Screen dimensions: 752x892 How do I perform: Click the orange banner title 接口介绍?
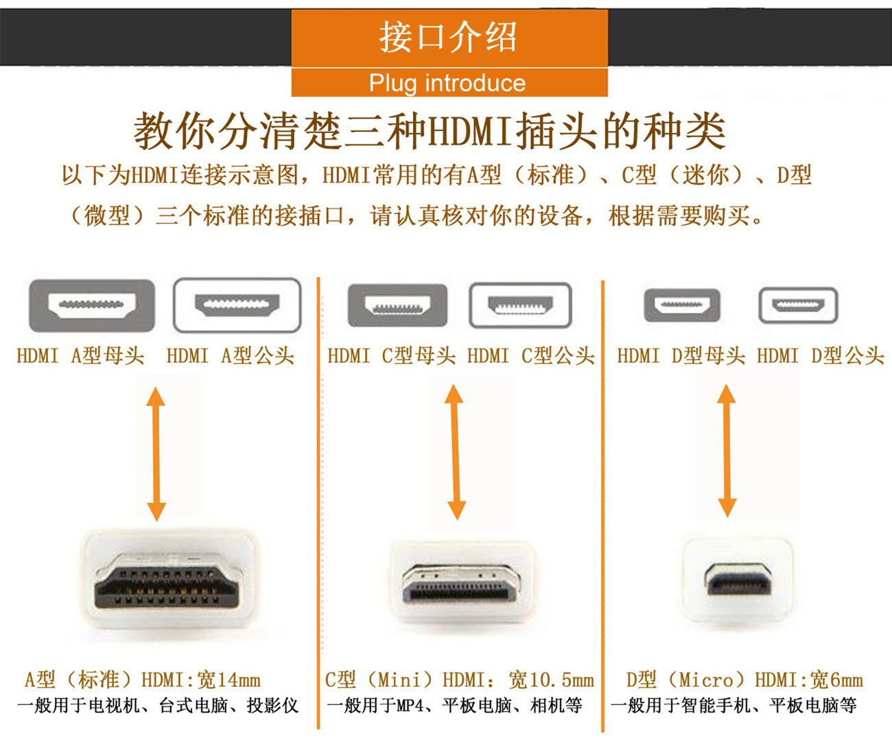click(x=449, y=37)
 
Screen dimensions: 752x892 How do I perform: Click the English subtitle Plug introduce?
click(x=447, y=83)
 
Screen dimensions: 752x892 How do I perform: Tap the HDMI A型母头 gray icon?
click(x=92, y=305)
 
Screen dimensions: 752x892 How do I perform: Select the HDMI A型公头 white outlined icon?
click(x=237, y=305)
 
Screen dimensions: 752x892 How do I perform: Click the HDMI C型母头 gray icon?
click(x=397, y=305)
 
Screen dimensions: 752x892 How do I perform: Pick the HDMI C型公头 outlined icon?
click(x=520, y=305)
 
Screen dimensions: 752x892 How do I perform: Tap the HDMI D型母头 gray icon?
click(x=682, y=305)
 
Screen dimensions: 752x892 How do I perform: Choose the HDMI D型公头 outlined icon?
click(x=798, y=305)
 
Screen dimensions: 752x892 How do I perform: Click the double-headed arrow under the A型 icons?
click(x=156, y=454)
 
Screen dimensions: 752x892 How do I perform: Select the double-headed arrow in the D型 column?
click(x=727, y=450)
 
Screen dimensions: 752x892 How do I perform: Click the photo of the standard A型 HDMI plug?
click(x=168, y=580)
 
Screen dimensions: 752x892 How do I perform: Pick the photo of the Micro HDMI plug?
click(x=738, y=580)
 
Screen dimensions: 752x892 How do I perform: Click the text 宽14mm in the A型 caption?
click(x=228, y=680)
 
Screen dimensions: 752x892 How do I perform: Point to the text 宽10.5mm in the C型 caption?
click(x=551, y=680)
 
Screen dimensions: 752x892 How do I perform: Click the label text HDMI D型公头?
click(x=820, y=355)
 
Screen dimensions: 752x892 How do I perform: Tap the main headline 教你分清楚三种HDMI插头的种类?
click(x=430, y=130)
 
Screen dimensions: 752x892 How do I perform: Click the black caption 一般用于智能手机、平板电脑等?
click(x=733, y=705)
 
